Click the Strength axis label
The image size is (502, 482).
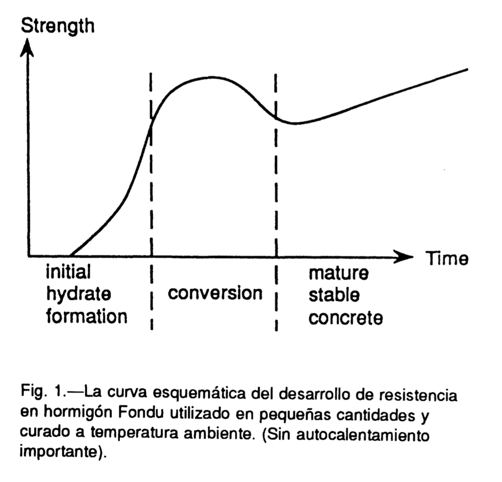click(x=57, y=26)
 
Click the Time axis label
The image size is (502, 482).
click(x=447, y=258)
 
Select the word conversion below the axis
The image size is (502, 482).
click(x=215, y=293)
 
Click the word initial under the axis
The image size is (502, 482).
click(x=68, y=271)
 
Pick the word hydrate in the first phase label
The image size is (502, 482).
click(x=78, y=294)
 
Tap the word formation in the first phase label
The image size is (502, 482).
click(x=86, y=316)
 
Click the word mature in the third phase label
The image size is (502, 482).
click(x=338, y=273)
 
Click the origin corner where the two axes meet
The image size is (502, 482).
click(x=28, y=256)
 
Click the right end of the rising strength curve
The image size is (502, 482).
click(x=467, y=69)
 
